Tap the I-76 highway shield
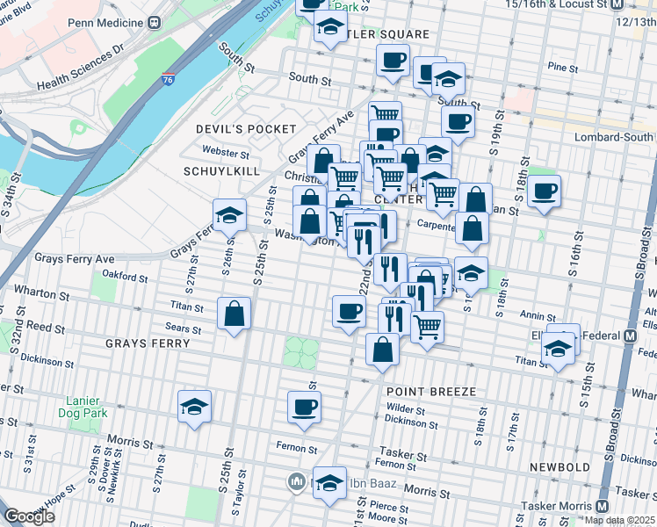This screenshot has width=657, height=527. [x=167, y=79]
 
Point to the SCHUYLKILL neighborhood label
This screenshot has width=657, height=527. [x=217, y=170]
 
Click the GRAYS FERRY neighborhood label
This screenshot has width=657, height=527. [x=142, y=343]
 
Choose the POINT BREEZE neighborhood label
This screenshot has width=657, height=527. [x=430, y=391]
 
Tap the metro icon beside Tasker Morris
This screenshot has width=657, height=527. [x=602, y=507]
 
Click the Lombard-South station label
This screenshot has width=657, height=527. [x=614, y=137]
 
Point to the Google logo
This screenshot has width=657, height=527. [x=29, y=516]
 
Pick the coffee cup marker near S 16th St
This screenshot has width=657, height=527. [x=545, y=191]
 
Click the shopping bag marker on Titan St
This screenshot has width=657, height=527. [x=235, y=315]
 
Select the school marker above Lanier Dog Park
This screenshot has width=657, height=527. [x=195, y=407]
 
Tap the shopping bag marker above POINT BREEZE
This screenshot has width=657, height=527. [x=383, y=350]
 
